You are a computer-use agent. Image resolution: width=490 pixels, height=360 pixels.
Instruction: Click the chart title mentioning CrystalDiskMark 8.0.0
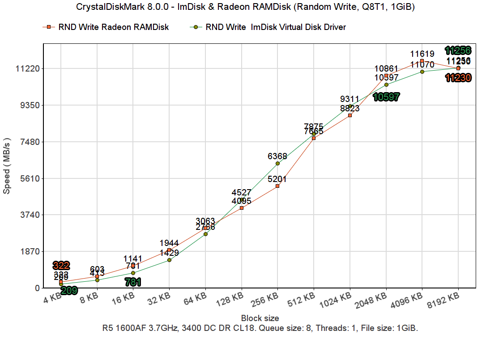245,7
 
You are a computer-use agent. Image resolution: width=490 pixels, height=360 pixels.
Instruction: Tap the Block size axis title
260,318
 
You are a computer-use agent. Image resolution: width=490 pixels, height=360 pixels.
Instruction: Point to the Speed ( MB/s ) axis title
7,166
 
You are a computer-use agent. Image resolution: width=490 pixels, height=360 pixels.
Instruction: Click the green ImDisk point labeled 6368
277,163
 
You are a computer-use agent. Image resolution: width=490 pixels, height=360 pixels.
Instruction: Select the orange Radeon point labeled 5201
277,186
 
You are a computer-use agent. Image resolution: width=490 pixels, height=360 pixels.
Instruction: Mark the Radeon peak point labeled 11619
422,61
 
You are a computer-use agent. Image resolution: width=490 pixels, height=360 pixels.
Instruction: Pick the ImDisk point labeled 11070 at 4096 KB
422,72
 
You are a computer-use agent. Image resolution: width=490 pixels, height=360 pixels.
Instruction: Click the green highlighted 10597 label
386,97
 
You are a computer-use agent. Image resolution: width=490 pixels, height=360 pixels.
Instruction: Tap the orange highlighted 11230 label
458,78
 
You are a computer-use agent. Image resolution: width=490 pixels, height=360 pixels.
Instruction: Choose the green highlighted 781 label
133,282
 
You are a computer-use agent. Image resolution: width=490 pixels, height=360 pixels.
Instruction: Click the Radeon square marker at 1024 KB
350,115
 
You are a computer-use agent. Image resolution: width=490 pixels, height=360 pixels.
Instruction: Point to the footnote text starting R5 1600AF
260,328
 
